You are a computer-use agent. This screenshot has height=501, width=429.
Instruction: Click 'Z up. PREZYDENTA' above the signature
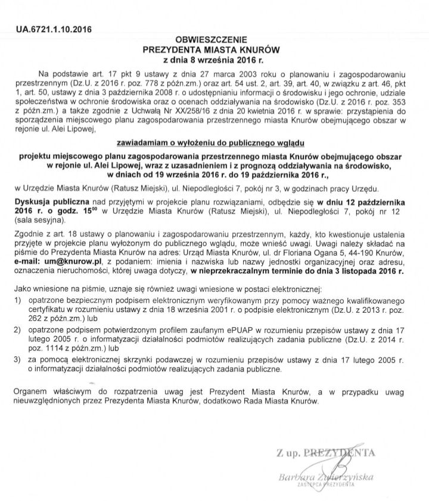pyautogui.click(x=327, y=454)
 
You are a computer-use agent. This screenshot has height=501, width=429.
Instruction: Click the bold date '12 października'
pyautogui.click(x=371, y=202)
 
